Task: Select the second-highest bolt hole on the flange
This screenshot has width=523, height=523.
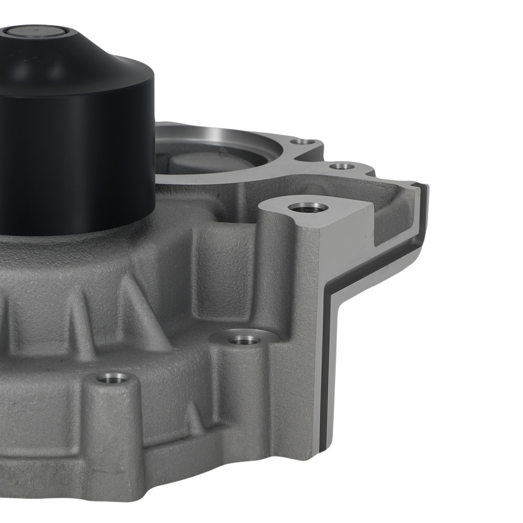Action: (x=343, y=166)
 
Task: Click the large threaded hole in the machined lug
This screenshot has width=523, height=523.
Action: (x=309, y=208)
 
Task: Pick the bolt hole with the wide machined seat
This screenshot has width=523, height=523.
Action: (x=244, y=339)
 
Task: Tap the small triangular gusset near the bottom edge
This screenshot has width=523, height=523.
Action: (x=194, y=418)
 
